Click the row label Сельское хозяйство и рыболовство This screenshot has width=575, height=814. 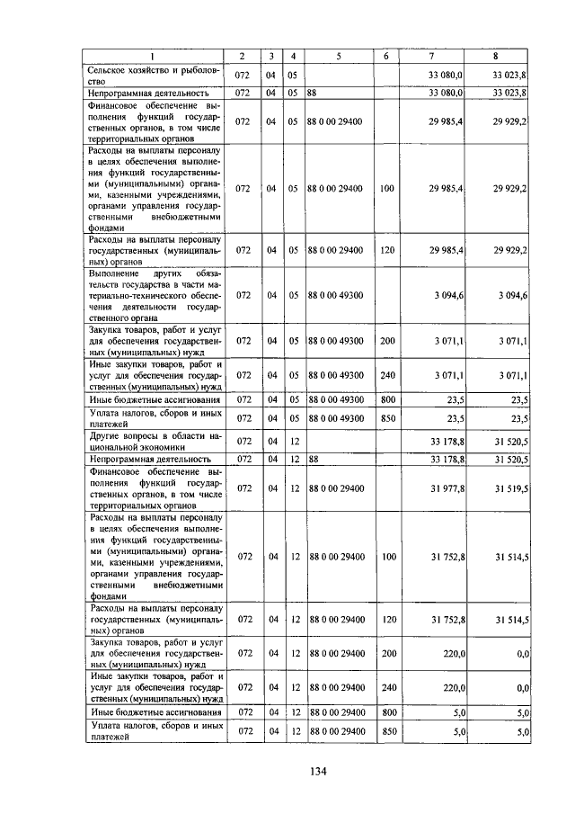tap(153, 75)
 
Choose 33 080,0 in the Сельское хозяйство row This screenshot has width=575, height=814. tap(446, 75)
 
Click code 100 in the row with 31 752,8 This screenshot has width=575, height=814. tap(387, 557)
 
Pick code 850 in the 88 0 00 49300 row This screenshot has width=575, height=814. tap(387, 417)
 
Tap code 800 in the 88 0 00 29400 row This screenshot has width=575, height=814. tap(387, 712)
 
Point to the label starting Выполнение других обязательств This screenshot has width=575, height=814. tap(153, 295)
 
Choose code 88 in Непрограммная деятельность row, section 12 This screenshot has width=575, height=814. tap(312, 459)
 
